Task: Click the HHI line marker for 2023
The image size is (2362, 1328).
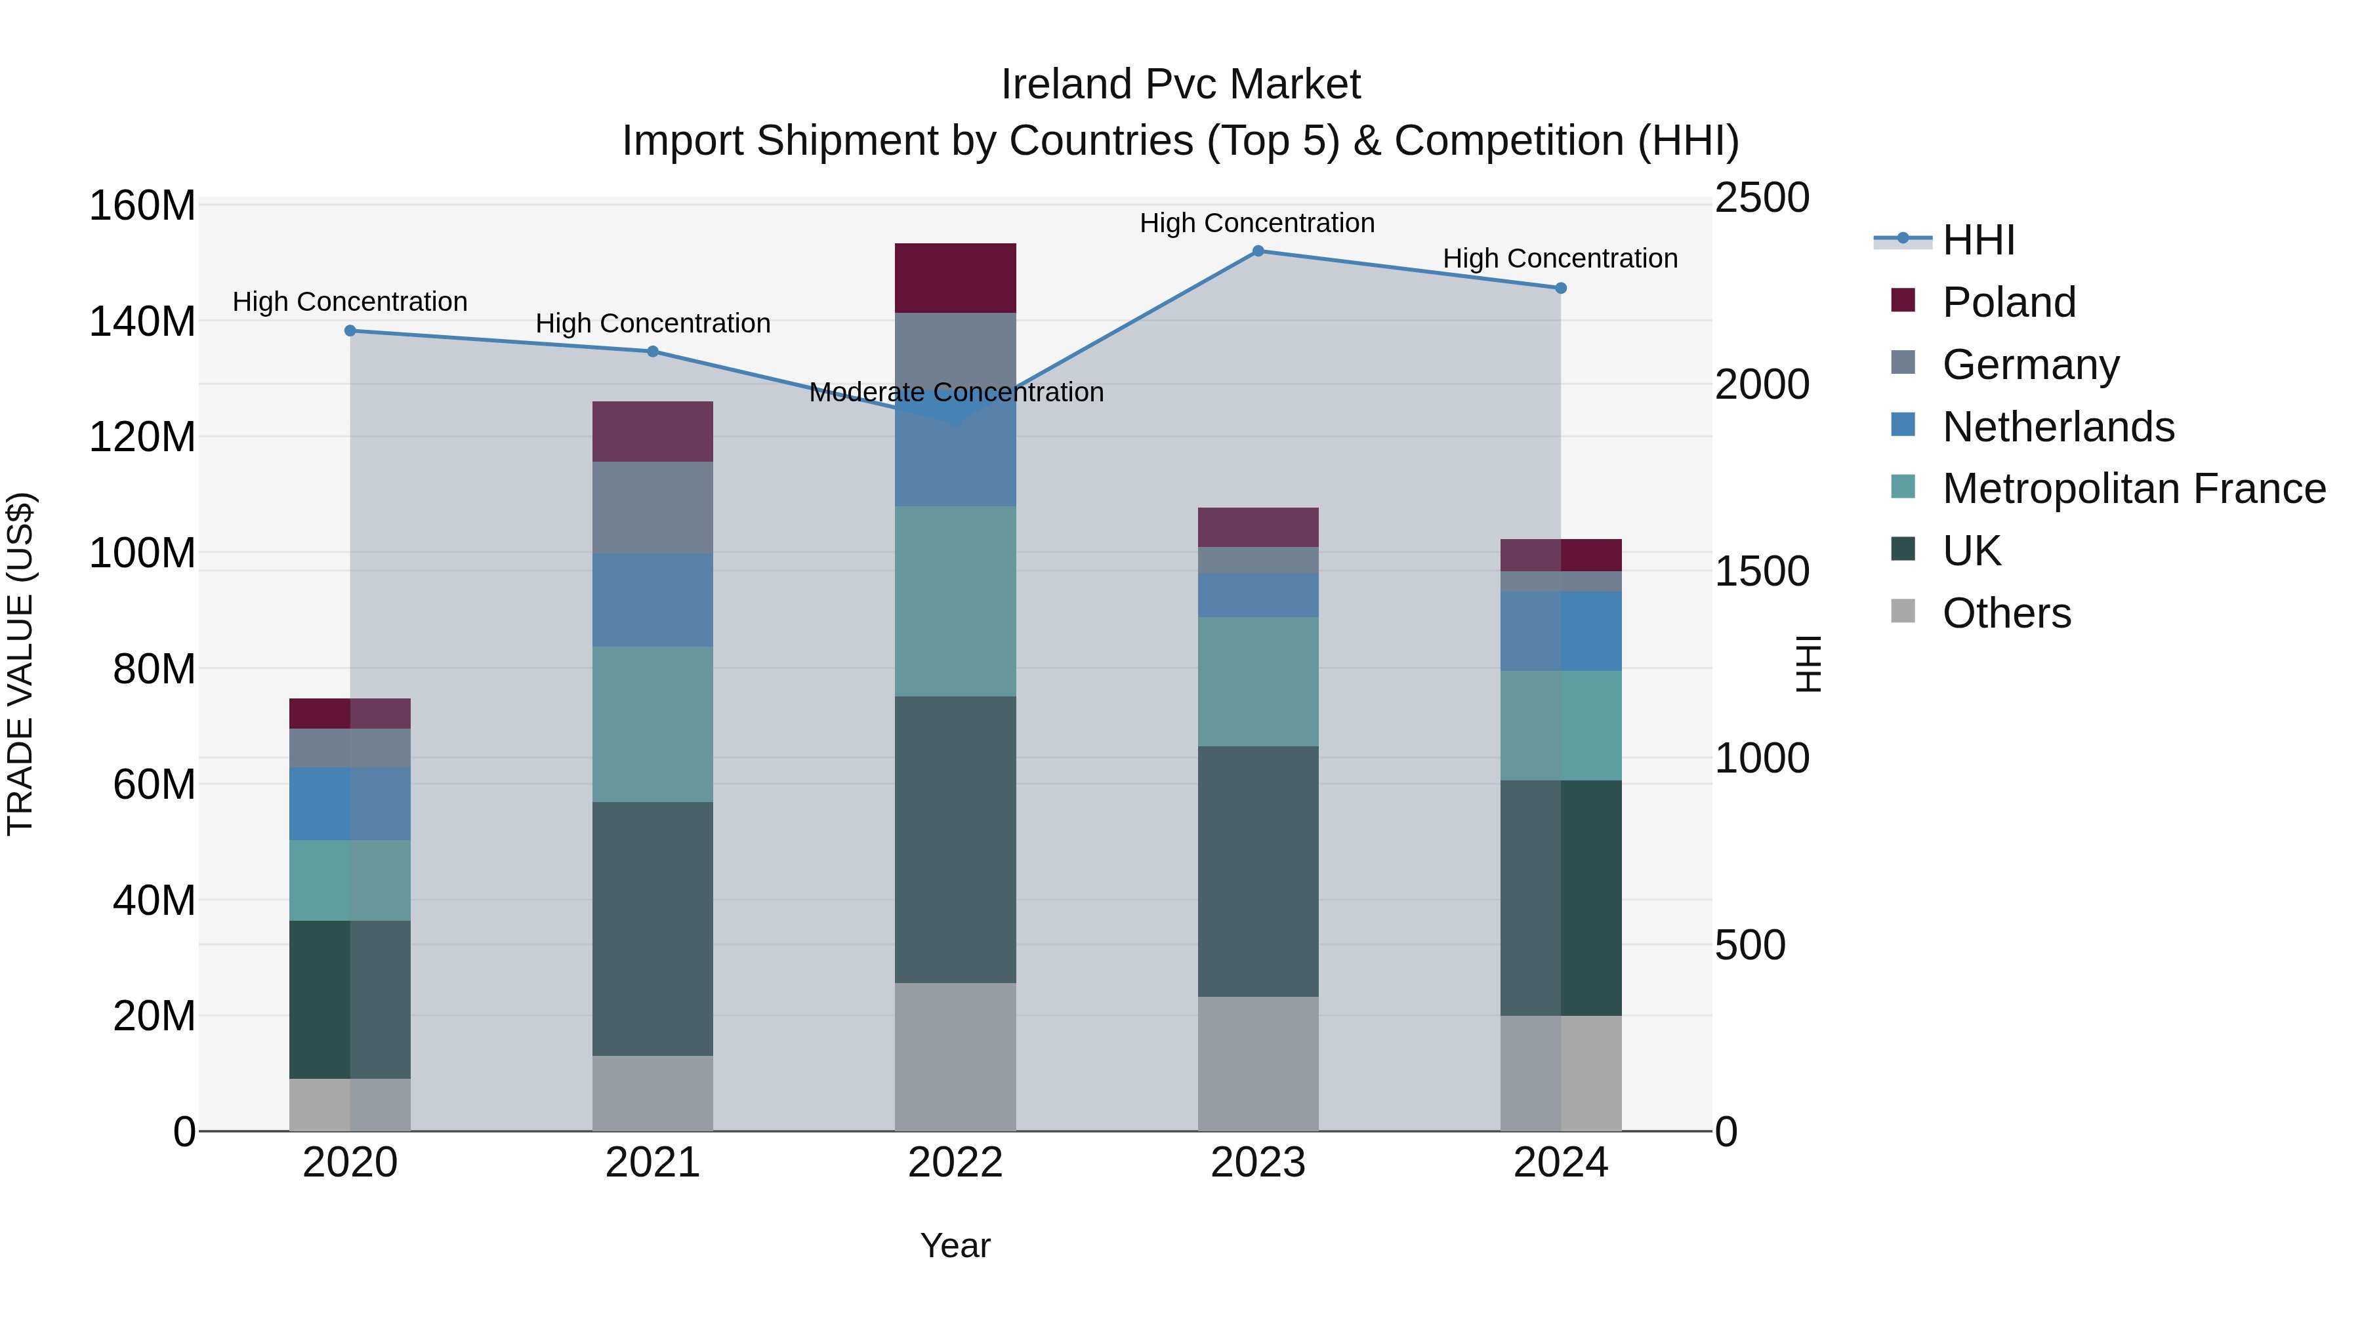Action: coord(1258,251)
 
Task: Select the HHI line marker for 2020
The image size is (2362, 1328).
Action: coord(350,331)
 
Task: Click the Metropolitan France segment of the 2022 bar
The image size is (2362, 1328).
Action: coord(955,601)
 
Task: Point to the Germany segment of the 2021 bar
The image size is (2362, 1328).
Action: coord(652,507)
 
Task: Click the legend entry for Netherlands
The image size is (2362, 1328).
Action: coord(2058,427)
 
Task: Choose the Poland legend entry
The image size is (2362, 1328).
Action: coord(2008,302)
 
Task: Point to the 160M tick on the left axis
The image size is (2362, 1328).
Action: coord(142,205)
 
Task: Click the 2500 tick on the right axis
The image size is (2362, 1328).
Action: coord(1762,198)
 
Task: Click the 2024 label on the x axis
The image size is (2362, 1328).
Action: coord(1561,1163)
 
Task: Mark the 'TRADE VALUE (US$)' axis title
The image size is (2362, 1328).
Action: coord(20,664)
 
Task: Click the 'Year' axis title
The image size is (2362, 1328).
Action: coord(955,1245)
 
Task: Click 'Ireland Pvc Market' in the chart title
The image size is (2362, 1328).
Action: coord(1180,85)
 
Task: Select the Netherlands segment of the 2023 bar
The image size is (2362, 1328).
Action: coord(1258,595)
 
